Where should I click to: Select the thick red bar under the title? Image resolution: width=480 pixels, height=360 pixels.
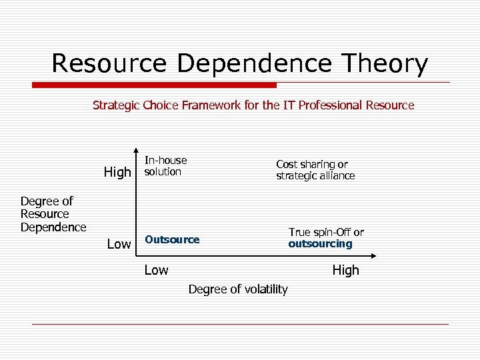(154, 85)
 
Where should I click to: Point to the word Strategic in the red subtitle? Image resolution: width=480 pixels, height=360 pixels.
(116, 105)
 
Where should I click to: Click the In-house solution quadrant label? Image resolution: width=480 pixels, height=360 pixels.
(165, 166)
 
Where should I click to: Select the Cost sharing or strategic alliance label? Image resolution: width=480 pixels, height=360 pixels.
(315, 170)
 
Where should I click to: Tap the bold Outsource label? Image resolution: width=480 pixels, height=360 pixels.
(172, 239)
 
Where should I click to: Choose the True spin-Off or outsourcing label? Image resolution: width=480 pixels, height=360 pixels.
(325, 238)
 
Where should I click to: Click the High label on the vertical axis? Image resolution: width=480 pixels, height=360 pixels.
(117, 172)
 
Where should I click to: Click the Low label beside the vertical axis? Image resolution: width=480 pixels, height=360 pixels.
(119, 244)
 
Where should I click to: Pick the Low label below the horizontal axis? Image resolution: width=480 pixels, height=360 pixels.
(157, 270)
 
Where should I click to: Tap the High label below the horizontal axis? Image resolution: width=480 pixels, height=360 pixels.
(345, 270)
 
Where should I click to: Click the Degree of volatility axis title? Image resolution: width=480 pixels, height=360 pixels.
(238, 289)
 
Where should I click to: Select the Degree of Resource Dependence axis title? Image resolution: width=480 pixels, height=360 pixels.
(53, 214)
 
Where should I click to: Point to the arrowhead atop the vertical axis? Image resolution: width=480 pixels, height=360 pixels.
(136, 150)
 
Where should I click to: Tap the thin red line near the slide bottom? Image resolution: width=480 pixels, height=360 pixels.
(240, 324)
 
